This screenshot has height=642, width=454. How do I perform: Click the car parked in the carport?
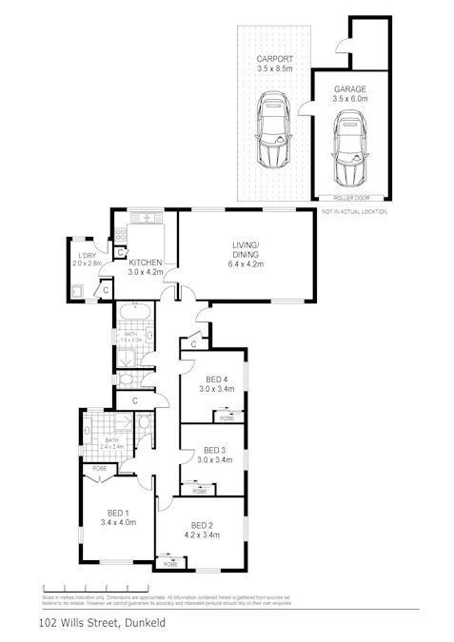274,131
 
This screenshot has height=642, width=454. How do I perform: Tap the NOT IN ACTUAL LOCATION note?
354,212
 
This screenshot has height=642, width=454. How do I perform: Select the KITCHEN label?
147,263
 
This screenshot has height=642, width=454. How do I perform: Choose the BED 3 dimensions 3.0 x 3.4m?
212,460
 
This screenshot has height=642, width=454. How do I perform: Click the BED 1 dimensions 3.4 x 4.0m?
117,522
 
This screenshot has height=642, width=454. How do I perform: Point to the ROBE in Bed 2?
170,565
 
